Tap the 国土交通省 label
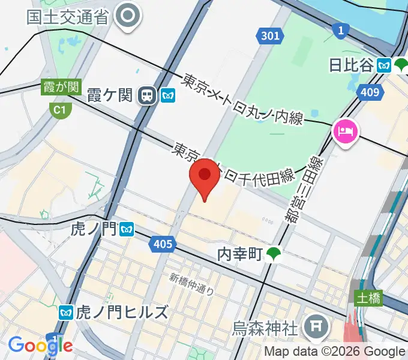[x=67, y=16]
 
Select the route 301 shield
[x=270, y=37]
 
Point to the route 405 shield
[x=163, y=244]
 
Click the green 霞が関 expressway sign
[x=61, y=87]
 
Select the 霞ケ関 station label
[x=109, y=95]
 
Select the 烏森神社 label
[x=265, y=328]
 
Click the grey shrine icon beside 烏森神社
[x=314, y=327]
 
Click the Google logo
[x=40, y=345]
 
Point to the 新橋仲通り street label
[x=191, y=284]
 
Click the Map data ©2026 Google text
[x=335, y=351]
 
